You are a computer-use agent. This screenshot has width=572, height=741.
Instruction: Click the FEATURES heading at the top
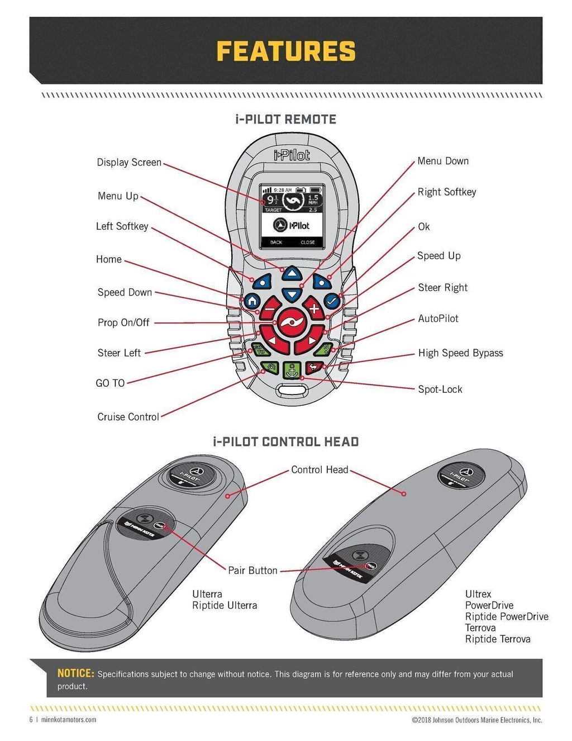pyautogui.click(x=285, y=51)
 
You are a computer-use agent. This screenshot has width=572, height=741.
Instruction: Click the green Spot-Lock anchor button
pyautogui.click(x=292, y=369)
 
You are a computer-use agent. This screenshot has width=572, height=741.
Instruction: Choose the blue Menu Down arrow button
pyautogui.click(x=291, y=293)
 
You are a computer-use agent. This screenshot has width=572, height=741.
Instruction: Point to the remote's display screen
pyautogui.click(x=291, y=216)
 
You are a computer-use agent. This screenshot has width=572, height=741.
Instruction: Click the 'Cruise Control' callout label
pyautogui.click(x=128, y=417)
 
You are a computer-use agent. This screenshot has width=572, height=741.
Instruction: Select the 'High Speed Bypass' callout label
pyautogui.click(x=460, y=353)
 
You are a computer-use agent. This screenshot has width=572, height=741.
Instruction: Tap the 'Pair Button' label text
pyautogui.click(x=252, y=571)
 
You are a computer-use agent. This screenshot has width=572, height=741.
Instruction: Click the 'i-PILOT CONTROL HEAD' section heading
pyautogui.click(x=285, y=442)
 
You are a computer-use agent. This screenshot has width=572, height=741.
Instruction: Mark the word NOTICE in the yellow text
pyautogui.click(x=75, y=673)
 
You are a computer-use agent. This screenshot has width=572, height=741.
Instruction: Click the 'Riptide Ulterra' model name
pyautogui.click(x=225, y=605)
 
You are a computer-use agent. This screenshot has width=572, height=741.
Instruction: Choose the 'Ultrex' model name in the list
pyautogui.click(x=478, y=594)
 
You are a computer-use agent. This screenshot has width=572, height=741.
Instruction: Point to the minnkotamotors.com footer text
pyautogui.click(x=69, y=720)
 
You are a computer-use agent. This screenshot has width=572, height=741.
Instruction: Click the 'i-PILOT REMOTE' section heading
pyautogui.click(x=285, y=120)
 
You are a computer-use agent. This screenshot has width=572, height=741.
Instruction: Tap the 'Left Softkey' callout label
pyautogui.click(x=122, y=226)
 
